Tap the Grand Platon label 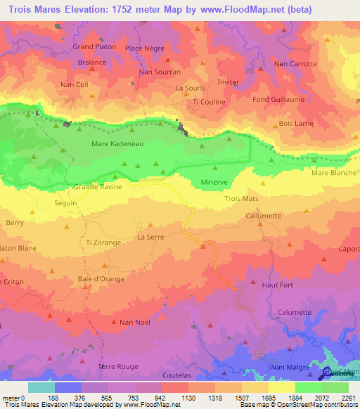click(x=94, y=47)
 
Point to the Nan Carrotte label click(x=295, y=63)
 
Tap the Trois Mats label click(x=241, y=199)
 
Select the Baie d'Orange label click(x=102, y=279)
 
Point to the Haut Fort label click(x=277, y=285)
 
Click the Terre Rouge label click(x=118, y=367)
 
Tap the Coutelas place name click(x=176, y=376)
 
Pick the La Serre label click(x=150, y=238)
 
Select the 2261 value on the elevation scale click(x=347, y=397)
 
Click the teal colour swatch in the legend click(x=41, y=387)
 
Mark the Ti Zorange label click(x=103, y=242)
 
